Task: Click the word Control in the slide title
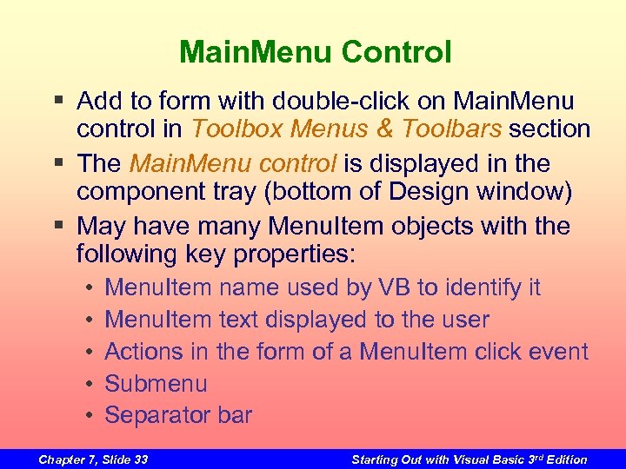(396, 53)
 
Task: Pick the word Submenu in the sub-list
(156, 384)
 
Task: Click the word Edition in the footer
(565, 459)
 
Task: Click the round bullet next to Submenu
(90, 384)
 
